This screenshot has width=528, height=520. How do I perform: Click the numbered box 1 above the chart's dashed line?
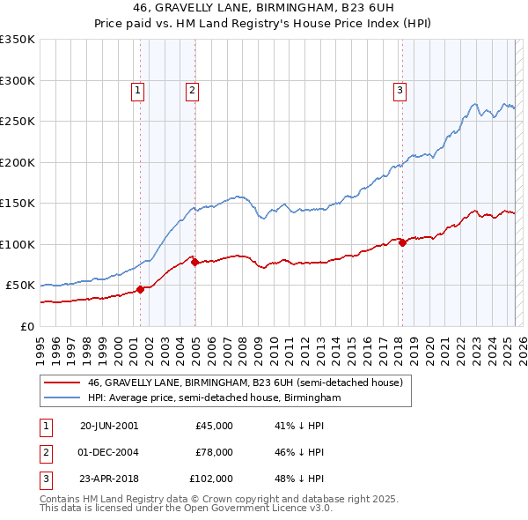coord(138,89)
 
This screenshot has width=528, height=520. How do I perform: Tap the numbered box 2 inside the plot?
coord(192,89)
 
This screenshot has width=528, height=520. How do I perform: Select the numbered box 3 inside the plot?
coord(400,89)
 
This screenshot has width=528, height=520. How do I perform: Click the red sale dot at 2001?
coord(141,289)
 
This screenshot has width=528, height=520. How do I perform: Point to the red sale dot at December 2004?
coord(194,262)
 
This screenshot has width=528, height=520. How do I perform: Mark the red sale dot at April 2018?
coord(402,242)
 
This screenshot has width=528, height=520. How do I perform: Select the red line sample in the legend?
coord(62,383)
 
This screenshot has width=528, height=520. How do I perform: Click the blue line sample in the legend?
coord(62,398)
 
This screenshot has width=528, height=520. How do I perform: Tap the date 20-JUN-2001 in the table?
coord(109,426)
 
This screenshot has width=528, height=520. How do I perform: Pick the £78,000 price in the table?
coord(214,452)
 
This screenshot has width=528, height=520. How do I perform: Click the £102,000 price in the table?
coord(211,479)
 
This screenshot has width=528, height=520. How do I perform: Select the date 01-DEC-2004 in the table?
coord(109,452)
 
